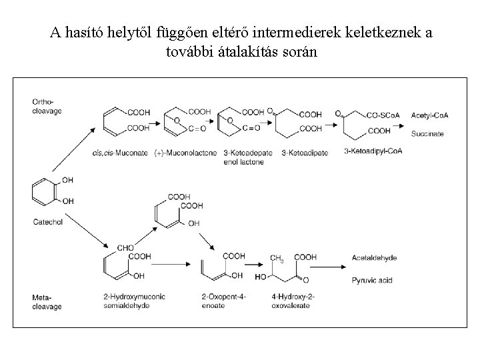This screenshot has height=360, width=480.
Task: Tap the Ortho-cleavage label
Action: point(47,107)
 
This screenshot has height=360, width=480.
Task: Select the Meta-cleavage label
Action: point(47,302)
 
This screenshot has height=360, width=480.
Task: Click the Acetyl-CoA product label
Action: point(430,115)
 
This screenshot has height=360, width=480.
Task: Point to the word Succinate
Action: point(427,134)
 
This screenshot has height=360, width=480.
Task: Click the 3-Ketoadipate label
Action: point(305,153)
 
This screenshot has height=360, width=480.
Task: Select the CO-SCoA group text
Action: point(383,115)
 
